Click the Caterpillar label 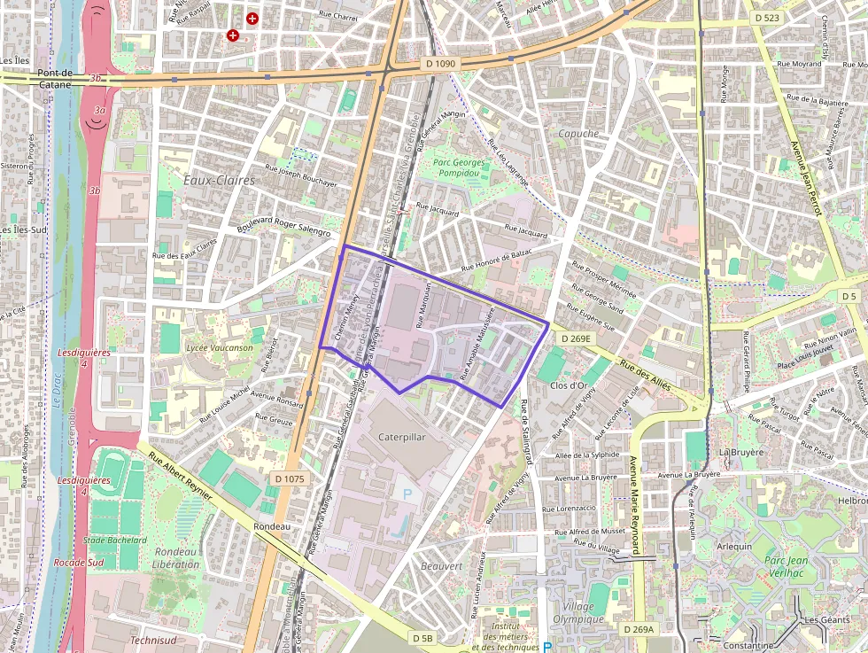click(x=402, y=438)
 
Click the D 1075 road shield click(x=289, y=478)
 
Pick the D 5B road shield click(x=422, y=638)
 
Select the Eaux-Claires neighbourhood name click(x=219, y=180)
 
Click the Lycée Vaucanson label click(x=220, y=347)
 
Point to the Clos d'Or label click(x=570, y=385)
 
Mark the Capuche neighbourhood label click(x=578, y=134)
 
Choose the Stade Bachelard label click(x=114, y=540)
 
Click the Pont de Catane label click(x=55, y=79)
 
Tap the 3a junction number click(x=100, y=110)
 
